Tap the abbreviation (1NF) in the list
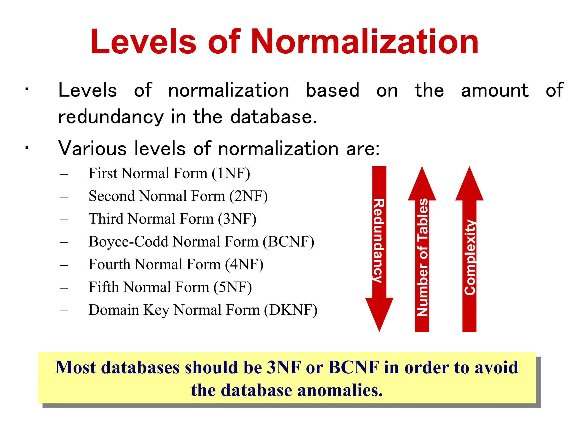(231, 173)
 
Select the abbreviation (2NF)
(248, 196)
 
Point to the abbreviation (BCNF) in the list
(288, 242)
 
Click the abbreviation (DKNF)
(290, 310)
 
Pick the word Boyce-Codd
(129, 242)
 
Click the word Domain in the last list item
(114, 310)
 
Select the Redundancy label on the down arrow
(379, 241)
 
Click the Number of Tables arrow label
(422, 257)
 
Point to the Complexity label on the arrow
(470, 257)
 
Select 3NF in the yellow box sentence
(284, 367)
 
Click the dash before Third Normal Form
(64, 219)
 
